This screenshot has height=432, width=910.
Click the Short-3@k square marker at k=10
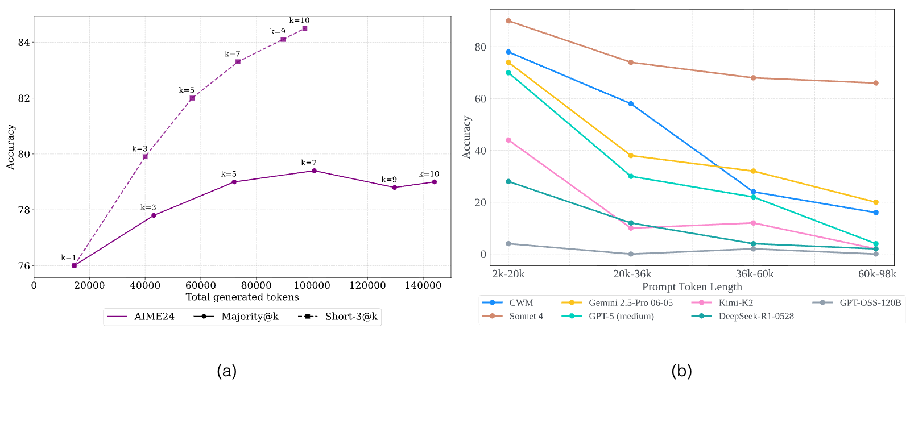305,28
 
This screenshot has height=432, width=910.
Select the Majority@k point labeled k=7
314,171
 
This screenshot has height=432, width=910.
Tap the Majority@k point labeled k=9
395,188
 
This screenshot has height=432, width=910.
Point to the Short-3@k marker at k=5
192,98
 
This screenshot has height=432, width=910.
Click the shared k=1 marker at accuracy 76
74,265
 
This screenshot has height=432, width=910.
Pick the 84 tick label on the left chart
23,43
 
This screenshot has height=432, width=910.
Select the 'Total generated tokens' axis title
242,297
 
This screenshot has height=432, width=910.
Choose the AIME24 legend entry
140,317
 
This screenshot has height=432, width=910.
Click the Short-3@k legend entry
338,317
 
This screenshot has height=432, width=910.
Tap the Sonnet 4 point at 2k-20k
508,20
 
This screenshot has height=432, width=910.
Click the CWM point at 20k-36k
631,104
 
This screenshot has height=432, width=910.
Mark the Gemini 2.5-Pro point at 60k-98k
876,202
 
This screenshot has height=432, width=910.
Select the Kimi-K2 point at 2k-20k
508,140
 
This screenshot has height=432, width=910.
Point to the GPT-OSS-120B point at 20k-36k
631,254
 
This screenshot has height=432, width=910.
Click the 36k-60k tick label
754,274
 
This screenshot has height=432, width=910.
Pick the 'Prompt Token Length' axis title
692,287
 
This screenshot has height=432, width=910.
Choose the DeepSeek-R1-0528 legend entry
743,316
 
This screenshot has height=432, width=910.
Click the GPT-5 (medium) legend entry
608,316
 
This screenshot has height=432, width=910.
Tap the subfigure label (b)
681,371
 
